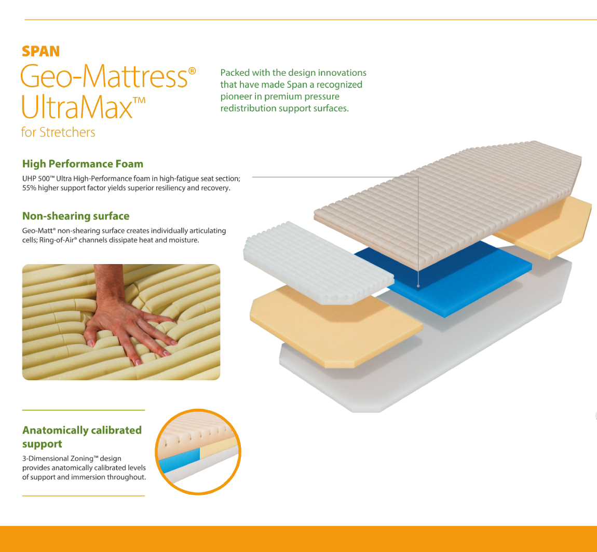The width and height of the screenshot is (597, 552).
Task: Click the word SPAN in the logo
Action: (x=40, y=51)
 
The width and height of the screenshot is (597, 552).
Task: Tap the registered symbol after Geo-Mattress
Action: (x=192, y=71)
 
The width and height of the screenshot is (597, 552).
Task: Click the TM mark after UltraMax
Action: (x=139, y=101)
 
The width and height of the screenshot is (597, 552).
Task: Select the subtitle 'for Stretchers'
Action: (x=58, y=132)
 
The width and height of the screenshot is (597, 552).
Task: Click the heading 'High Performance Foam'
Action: (x=83, y=164)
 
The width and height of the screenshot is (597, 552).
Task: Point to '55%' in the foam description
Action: (x=29, y=188)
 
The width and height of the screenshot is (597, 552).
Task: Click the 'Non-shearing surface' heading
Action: (x=76, y=216)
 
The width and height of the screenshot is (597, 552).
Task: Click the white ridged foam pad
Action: (x=318, y=263)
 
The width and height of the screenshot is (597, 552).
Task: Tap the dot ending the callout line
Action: (x=418, y=286)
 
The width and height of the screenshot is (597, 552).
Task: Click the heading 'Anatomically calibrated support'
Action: (x=82, y=437)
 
